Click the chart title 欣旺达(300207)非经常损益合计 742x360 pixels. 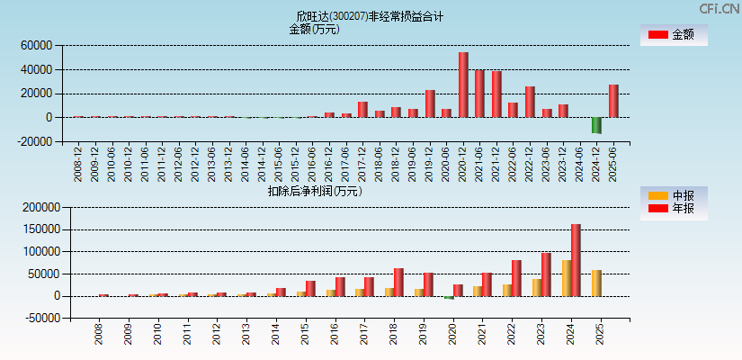tap(371, 16)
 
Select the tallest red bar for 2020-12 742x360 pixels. tap(463, 85)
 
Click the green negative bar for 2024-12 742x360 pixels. tap(596, 125)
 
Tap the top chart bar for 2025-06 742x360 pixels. tap(613, 101)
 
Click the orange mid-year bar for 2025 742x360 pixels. tap(596, 283)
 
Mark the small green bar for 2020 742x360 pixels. tap(449, 297)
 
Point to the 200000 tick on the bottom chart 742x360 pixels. tap(35, 207)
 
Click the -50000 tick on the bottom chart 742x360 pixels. tap(36, 318)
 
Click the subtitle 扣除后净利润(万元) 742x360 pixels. tap(314, 191)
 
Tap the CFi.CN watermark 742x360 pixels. tap(719, 8)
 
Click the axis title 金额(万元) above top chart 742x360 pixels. tap(314, 29)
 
